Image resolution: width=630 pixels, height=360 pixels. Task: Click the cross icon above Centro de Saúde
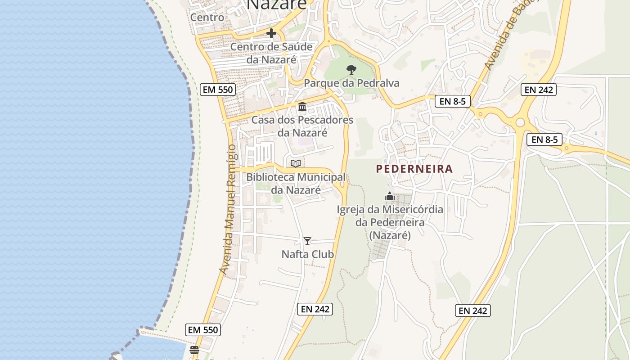pyautogui.click(x=271, y=33)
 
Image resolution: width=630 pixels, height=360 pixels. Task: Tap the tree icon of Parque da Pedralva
pyautogui.click(x=351, y=70)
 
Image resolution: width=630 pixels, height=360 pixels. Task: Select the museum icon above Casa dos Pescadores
pyautogui.click(x=302, y=107)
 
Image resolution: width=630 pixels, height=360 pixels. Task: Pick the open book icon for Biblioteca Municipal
pyautogui.click(x=296, y=163)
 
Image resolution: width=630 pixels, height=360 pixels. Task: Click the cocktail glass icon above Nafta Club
pyautogui.click(x=307, y=241)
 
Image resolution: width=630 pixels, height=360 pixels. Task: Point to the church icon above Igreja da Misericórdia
pyautogui.click(x=390, y=196)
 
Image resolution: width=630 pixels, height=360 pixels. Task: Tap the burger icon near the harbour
pyautogui.click(x=194, y=350)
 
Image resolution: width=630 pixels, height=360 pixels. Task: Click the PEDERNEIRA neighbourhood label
pyautogui.click(x=414, y=169)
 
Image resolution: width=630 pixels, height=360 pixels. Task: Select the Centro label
pyautogui.click(x=207, y=17)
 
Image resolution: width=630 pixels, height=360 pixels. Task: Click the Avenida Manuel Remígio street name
pyautogui.click(x=228, y=209)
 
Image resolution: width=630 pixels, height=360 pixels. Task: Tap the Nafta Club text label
pyautogui.click(x=308, y=254)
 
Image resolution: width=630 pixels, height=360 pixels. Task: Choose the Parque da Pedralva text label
pyautogui.click(x=351, y=83)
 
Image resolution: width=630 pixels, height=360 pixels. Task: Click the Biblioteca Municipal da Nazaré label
pyautogui.click(x=296, y=184)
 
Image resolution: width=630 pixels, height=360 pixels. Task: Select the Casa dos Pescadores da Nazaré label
pyautogui.click(x=302, y=126)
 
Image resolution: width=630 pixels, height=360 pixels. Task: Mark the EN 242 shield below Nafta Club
pyautogui.click(x=315, y=309)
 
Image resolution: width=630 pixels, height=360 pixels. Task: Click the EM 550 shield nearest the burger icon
pyautogui.click(x=203, y=330)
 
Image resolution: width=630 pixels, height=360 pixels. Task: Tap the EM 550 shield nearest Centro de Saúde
pyautogui.click(x=218, y=90)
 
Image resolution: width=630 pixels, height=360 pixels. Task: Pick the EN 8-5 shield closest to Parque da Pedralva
pyautogui.click(x=453, y=101)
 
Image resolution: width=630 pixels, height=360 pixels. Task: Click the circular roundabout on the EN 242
pyautogui.click(x=521, y=122)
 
